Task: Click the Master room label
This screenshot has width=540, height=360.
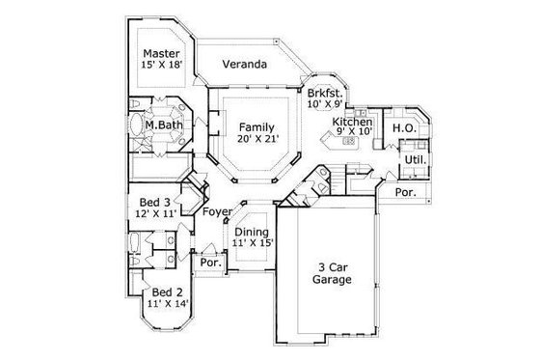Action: (x=163, y=53)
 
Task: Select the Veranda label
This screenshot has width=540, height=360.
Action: (x=245, y=65)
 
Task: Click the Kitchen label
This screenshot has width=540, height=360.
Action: (x=352, y=123)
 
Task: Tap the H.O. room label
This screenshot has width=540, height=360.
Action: (x=403, y=127)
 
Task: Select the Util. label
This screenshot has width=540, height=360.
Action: (x=416, y=160)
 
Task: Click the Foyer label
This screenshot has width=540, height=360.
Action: (x=217, y=211)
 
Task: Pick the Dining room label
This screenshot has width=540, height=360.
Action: (x=253, y=232)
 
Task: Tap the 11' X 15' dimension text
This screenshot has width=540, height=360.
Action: (x=253, y=244)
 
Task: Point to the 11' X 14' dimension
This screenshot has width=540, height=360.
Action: (x=167, y=304)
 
